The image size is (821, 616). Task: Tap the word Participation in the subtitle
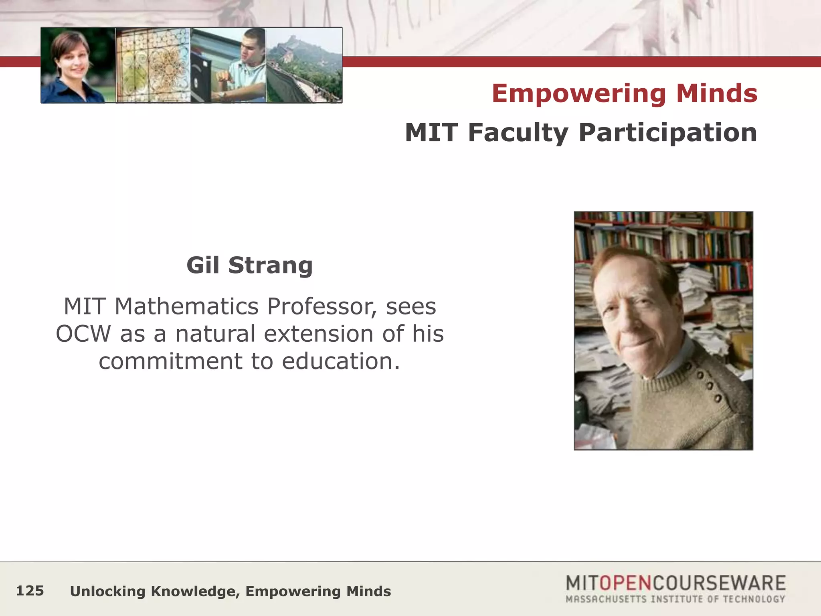point(667,133)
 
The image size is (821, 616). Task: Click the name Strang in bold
point(270,265)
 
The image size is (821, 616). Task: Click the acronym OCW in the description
point(83,334)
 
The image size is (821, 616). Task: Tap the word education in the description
point(341,361)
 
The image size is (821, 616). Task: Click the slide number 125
point(30,591)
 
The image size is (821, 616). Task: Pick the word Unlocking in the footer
point(107,592)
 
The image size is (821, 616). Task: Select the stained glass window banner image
point(153,65)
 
